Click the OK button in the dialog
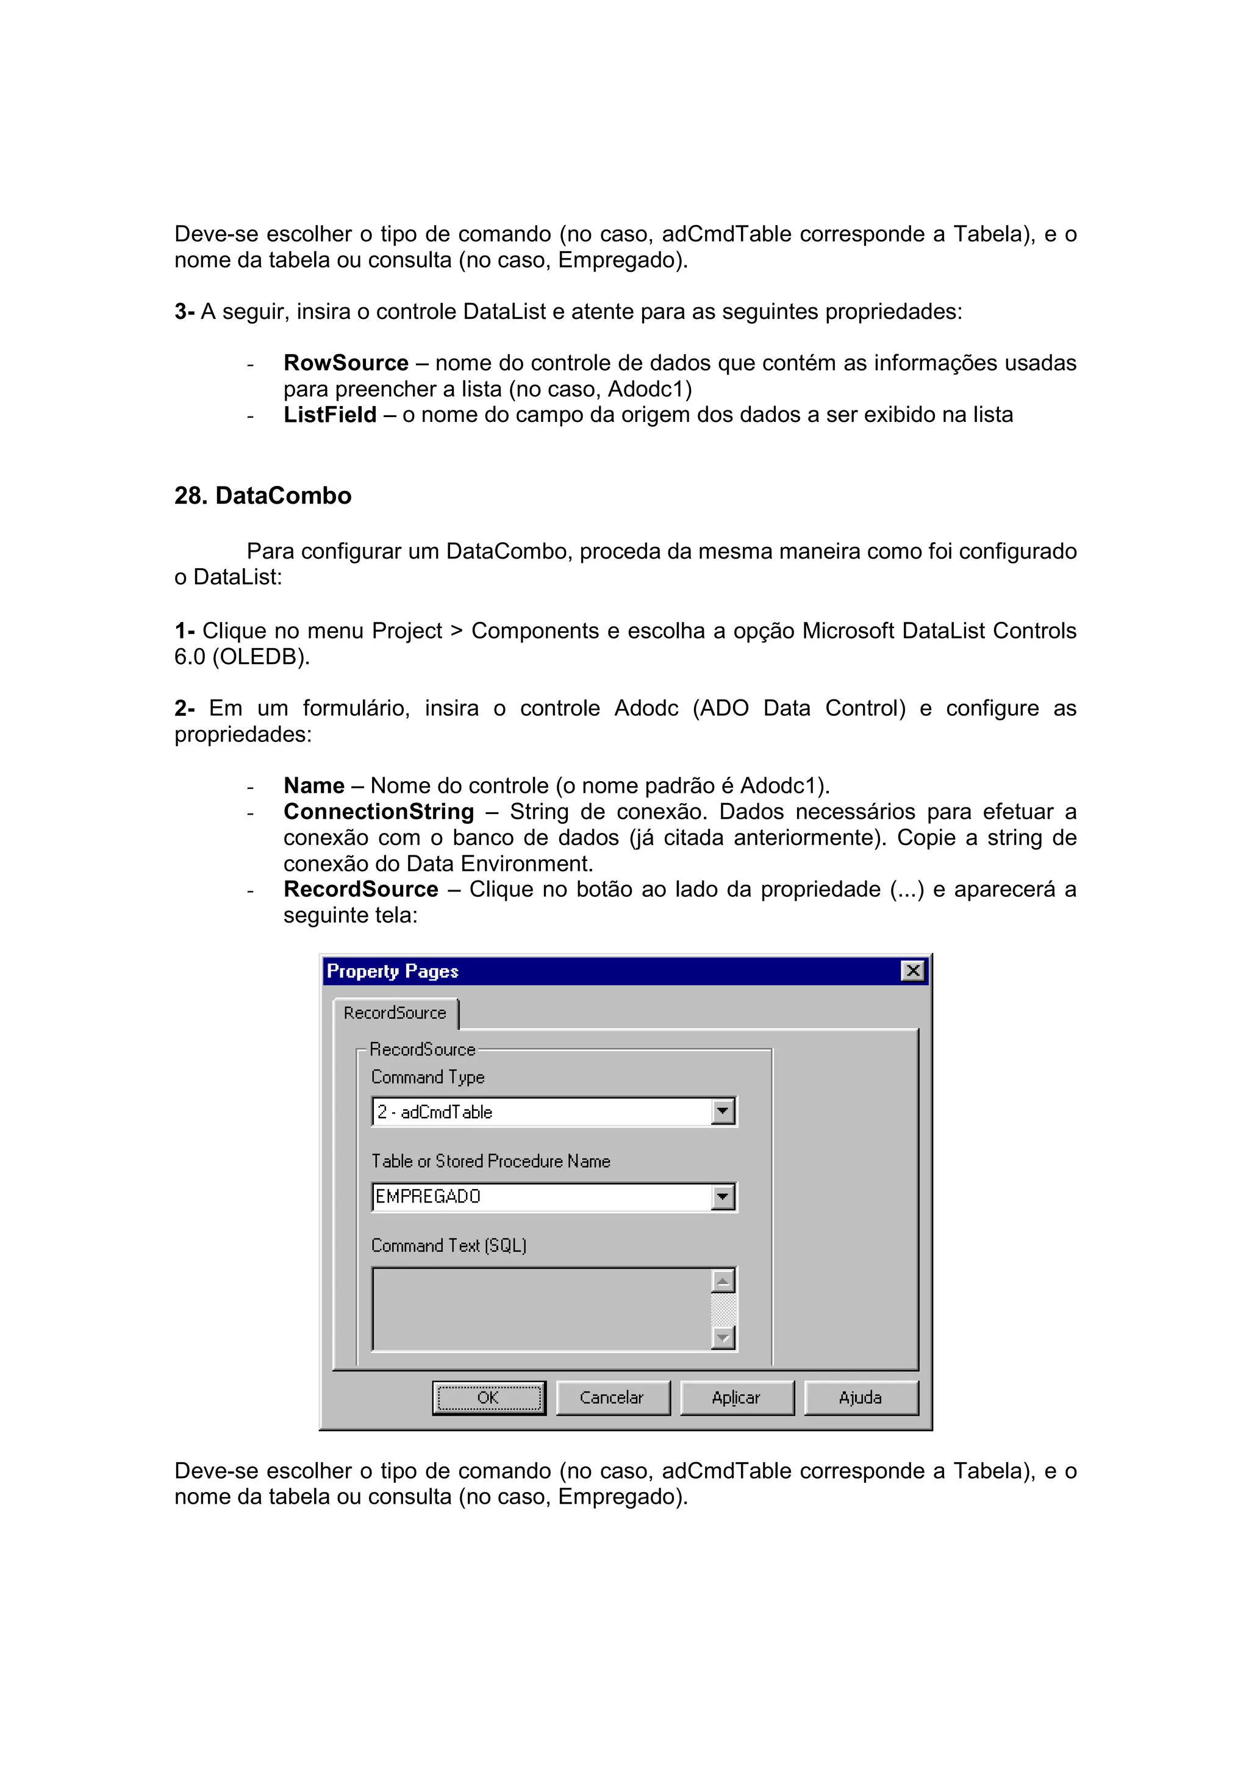tap(489, 1398)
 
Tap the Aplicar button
tap(737, 1398)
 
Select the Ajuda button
tap(861, 1398)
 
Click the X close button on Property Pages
tap(913, 971)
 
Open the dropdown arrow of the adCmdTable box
tap(723, 1112)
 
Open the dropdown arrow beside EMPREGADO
tap(723, 1197)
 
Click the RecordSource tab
tap(395, 1013)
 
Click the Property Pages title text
tap(393, 971)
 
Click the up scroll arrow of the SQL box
tap(723, 1282)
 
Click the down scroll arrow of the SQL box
tap(723, 1338)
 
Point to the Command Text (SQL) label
tap(449, 1245)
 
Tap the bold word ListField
tap(329, 415)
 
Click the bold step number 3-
tap(184, 312)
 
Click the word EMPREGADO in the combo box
tap(428, 1197)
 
